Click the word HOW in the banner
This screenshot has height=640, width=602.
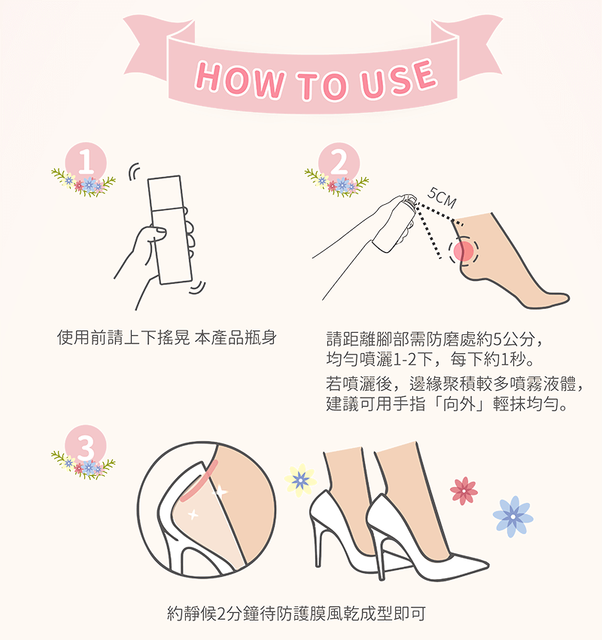[239, 80]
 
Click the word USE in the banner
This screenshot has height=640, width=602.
[398, 79]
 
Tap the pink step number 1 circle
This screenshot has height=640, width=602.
[86, 163]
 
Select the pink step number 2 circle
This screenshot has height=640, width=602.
[339, 163]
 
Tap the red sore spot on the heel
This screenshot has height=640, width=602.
[464, 251]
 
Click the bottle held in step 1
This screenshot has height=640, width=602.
[169, 230]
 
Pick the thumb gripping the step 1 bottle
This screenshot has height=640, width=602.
[158, 233]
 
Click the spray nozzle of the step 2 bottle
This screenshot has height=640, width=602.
[409, 201]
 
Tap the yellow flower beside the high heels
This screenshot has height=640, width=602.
[300, 480]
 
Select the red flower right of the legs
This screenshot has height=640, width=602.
[464, 491]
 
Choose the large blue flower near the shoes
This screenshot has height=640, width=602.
[513, 517]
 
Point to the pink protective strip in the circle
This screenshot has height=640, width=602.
[199, 481]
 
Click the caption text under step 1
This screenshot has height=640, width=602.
[167, 338]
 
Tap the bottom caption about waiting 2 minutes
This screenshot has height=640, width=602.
[296, 614]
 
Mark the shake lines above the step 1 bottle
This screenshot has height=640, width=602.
[133, 172]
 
